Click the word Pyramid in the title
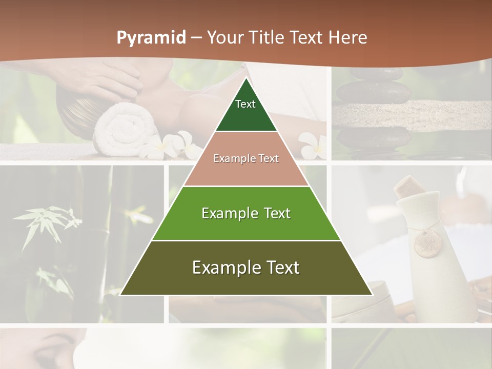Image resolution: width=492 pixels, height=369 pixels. click(151, 38)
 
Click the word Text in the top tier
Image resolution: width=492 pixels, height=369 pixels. click(245, 104)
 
